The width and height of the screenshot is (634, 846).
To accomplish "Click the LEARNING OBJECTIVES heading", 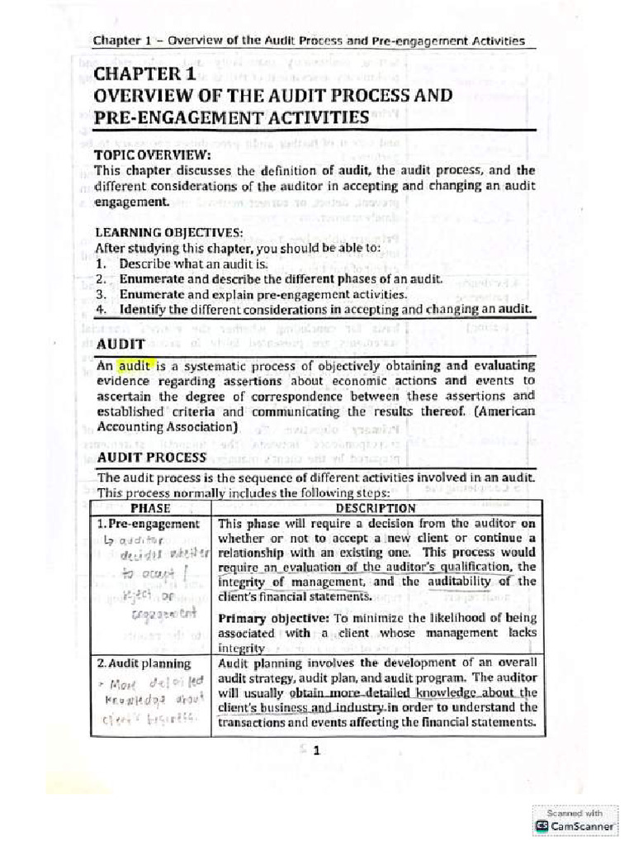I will point(168,232).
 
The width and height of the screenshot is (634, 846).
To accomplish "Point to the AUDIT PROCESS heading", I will point(151,457).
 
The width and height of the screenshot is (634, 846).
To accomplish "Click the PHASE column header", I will point(149,508).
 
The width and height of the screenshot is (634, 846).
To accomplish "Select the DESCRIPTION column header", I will point(376,508).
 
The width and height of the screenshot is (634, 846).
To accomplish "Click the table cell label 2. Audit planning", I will point(144,663).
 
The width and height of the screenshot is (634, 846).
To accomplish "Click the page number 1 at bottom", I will point(315,749).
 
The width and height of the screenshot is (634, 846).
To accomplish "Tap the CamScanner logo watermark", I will point(575,825).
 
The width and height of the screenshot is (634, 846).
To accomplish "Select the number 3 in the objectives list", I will point(100,294).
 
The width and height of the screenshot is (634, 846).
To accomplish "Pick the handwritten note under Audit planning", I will point(151,701).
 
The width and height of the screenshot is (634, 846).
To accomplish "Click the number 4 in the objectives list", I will point(100,309).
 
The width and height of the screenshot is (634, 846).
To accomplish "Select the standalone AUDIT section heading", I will point(121,343).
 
